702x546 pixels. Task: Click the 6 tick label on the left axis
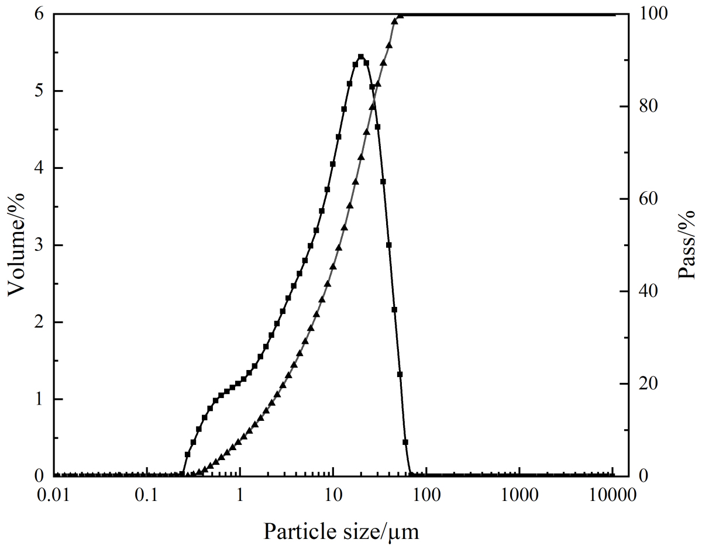pos(39,14)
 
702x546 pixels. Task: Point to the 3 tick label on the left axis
pos(39,245)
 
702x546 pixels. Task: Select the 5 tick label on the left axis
pos(39,91)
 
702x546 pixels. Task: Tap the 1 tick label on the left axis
pos(39,399)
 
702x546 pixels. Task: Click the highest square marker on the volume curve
pos(361,57)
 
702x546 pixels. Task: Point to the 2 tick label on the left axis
pos(39,322)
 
